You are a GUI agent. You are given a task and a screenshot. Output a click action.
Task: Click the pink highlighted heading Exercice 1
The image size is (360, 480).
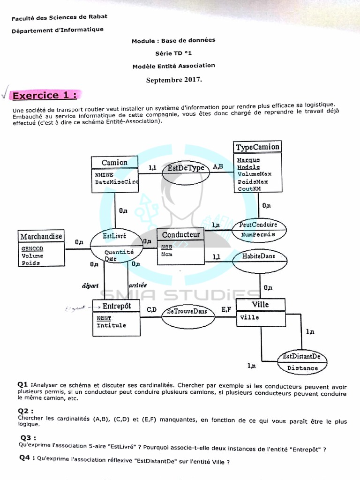(44, 96)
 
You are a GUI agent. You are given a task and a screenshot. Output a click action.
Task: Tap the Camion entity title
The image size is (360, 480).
(114, 163)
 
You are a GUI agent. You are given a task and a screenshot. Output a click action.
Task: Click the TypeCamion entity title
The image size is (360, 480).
(257, 147)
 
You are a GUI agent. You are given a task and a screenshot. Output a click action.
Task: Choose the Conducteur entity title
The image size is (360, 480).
(180, 234)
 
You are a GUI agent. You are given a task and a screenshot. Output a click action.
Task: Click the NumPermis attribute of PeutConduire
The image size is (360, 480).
(257, 234)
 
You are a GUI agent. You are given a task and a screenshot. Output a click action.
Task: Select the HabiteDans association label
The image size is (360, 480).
(258, 256)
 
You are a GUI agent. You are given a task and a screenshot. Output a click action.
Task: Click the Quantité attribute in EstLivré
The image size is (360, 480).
(119, 252)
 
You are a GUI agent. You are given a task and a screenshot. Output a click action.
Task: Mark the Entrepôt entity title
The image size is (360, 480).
(117, 306)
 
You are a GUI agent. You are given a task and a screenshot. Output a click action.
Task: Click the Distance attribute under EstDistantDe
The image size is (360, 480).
(302, 368)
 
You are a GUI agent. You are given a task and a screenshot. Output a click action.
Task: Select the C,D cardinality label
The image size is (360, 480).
(152, 309)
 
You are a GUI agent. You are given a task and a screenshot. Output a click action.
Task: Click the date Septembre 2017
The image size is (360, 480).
(174, 80)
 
